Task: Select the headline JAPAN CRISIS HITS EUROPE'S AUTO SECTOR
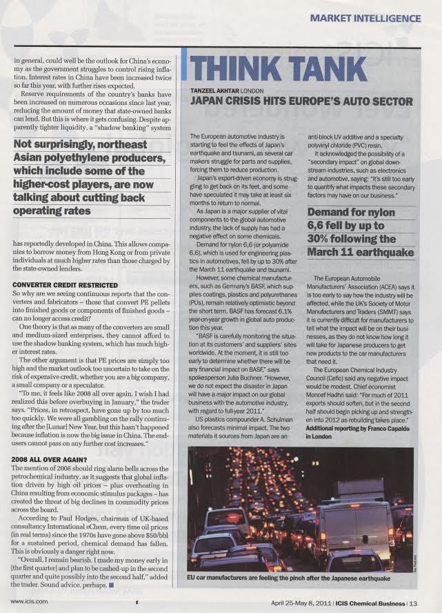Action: pyautogui.click(x=301, y=102)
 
